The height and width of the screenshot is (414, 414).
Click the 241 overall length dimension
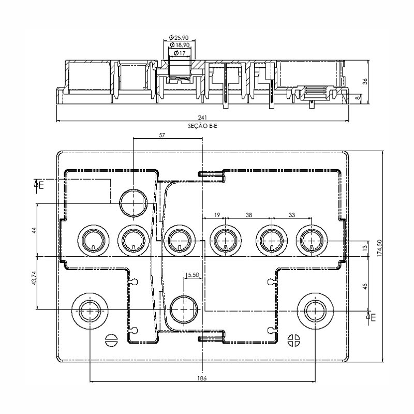tap(202, 117)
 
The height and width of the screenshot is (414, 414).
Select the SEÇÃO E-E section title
tap(202, 126)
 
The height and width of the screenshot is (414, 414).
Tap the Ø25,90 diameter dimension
tap(179, 37)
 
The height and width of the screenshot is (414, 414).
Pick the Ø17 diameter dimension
tap(180, 53)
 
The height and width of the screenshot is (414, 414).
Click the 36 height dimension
tap(365, 81)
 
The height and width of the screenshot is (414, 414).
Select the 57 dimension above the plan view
tap(162, 135)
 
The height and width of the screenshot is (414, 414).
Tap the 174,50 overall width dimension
tap(380, 248)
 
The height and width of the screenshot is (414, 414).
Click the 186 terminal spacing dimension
tap(202, 378)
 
